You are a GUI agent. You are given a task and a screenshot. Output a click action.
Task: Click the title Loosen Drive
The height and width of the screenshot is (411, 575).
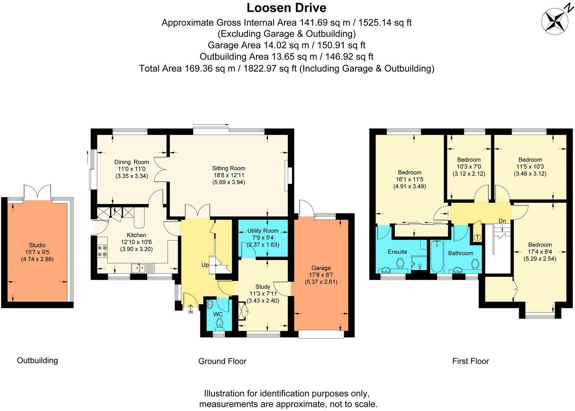click(287, 7)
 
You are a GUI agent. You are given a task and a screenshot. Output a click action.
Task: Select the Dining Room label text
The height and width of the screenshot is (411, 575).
click(132, 162)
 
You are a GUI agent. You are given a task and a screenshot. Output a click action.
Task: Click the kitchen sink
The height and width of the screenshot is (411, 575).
click(138, 268)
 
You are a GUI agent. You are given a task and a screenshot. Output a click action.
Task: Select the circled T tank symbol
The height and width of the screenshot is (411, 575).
click(477, 237)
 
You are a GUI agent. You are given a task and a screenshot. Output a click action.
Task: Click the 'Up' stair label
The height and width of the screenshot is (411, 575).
click(205, 265)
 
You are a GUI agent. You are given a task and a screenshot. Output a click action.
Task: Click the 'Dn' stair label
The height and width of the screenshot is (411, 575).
click(502, 221)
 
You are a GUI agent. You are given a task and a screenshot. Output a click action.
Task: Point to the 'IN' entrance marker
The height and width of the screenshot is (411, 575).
click(191, 312)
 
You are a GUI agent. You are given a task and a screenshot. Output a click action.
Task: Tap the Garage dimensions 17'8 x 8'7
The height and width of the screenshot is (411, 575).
click(321, 275)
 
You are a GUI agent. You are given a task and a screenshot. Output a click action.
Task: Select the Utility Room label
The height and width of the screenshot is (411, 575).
click(263, 231)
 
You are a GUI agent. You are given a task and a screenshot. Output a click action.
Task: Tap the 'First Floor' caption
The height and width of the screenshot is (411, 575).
click(470, 361)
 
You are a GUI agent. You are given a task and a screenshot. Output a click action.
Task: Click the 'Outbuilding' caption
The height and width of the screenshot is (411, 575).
click(37, 360)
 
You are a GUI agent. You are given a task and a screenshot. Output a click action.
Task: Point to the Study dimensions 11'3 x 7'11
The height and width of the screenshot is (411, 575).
click(263, 294)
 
